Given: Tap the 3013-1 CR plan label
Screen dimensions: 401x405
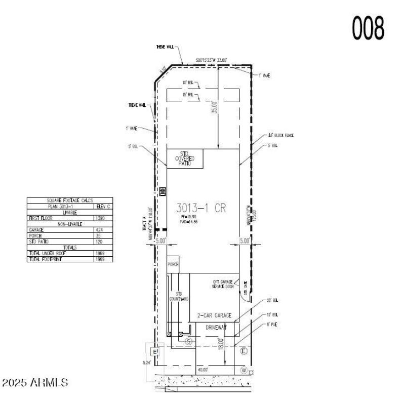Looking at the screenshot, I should pyautogui.click(x=200, y=208).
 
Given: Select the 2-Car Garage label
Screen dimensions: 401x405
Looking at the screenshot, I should pyautogui.click(x=214, y=315).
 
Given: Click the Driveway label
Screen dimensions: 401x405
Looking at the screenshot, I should pyautogui.click(x=216, y=328).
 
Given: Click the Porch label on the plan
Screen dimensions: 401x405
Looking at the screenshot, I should pyautogui.click(x=174, y=264).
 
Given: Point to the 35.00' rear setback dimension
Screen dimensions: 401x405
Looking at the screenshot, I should pyautogui.click(x=215, y=107).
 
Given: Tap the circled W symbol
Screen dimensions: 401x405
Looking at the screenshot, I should pyautogui.click(x=244, y=370).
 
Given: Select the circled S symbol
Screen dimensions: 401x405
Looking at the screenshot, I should pyautogui.click(x=189, y=342).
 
